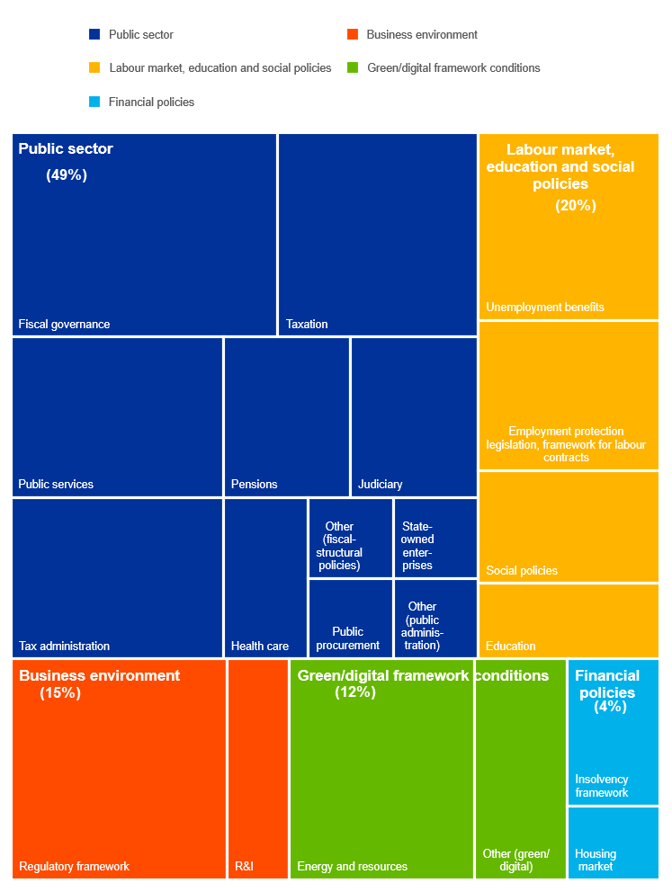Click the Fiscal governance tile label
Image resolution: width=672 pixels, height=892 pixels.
click(x=64, y=325)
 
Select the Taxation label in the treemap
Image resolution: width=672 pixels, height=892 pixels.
click(x=307, y=325)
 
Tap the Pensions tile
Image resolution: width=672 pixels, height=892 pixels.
click(x=286, y=417)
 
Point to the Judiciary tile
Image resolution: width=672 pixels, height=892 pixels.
click(x=414, y=417)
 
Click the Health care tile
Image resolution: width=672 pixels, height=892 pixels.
click(x=265, y=577)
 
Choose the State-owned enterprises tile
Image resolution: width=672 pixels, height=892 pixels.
click(x=435, y=538)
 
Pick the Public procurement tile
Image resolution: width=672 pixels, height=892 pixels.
click(x=350, y=619)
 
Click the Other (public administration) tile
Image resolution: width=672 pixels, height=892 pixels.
click(x=435, y=619)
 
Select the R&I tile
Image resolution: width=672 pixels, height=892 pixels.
click(x=257, y=769)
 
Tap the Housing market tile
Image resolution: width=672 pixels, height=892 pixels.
click(x=613, y=843)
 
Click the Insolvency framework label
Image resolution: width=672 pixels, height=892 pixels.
click(x=602, y=786)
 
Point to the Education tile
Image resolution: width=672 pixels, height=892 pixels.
click(x=569, y=620)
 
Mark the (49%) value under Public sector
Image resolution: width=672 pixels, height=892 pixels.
click(x=67, y=175)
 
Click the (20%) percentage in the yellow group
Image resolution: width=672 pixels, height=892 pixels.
click(x=576, y=206)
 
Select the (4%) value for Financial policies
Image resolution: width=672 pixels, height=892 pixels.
click(x=611, y=708)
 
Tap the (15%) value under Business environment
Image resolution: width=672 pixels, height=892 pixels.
click(x=60, y=693)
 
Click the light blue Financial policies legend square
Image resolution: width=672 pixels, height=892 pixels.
click(x=94, y=103)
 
